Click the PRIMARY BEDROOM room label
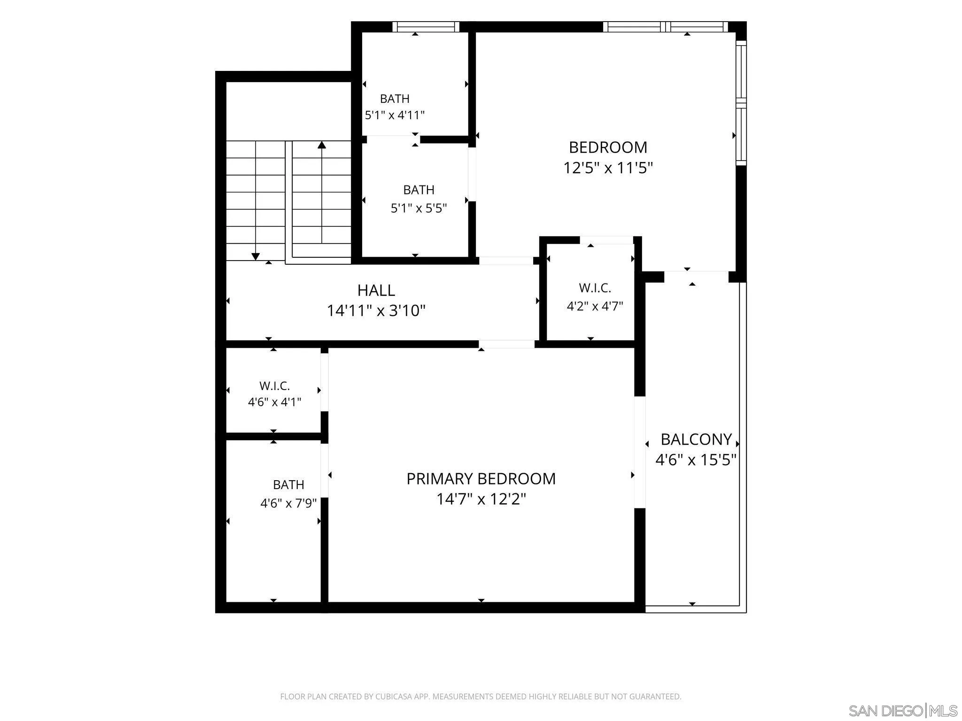481,479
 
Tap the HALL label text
376,291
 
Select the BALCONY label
696,439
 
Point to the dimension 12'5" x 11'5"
608,168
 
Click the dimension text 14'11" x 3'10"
376,311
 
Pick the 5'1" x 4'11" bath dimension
395,115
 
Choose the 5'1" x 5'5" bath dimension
419,208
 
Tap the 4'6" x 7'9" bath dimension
288,503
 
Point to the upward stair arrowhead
322,145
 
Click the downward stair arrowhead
256,256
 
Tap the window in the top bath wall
426,27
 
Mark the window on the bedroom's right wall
741,103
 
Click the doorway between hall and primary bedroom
506,344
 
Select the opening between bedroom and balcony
696,276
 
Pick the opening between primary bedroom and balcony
640,453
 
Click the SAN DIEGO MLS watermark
903,710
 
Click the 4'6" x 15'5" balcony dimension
696,460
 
